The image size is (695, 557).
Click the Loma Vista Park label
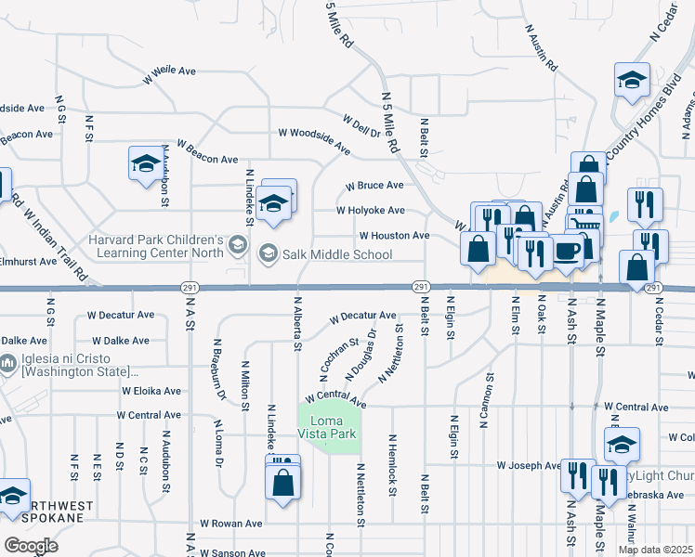329,426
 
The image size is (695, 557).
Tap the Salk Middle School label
324,253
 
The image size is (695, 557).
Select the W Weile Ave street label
168,71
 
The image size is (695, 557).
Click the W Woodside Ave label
315,133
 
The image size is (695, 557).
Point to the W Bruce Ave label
375,186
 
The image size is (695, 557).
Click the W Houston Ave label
394,236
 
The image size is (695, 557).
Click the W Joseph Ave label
529,465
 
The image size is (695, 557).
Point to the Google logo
31,546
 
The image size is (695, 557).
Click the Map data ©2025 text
655,550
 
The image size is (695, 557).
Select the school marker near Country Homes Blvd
632,80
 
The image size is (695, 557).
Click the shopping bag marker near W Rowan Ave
283,483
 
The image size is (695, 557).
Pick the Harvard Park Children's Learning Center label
156,245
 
